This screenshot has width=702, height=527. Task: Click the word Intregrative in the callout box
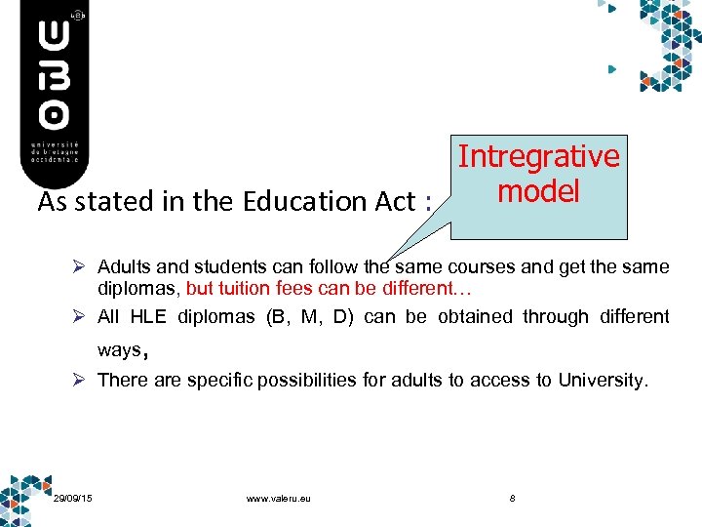(x=539, y=156)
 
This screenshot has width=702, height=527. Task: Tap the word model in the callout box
(x=538, y=190)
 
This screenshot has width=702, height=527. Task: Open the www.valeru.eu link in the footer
(x=279, y=499)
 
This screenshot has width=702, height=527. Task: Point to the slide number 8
(x=513, y=499)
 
